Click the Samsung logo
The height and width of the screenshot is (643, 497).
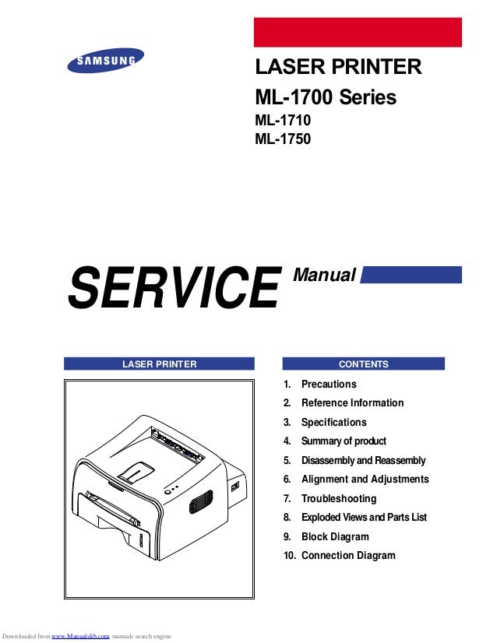106,61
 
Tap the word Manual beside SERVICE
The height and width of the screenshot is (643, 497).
324,275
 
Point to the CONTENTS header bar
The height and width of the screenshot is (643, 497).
363,364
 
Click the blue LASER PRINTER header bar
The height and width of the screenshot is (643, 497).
159,364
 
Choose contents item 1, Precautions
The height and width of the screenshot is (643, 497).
328,384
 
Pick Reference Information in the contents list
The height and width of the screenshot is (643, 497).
352,403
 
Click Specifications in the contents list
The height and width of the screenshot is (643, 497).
333,422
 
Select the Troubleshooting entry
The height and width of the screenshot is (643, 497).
338,498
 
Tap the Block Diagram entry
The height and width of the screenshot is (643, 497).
335,536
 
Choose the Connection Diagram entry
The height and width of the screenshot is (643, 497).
347,556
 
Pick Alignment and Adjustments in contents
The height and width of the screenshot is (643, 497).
365,480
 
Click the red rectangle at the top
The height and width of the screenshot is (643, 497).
358,33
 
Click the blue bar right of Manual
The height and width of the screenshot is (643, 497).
412,275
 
